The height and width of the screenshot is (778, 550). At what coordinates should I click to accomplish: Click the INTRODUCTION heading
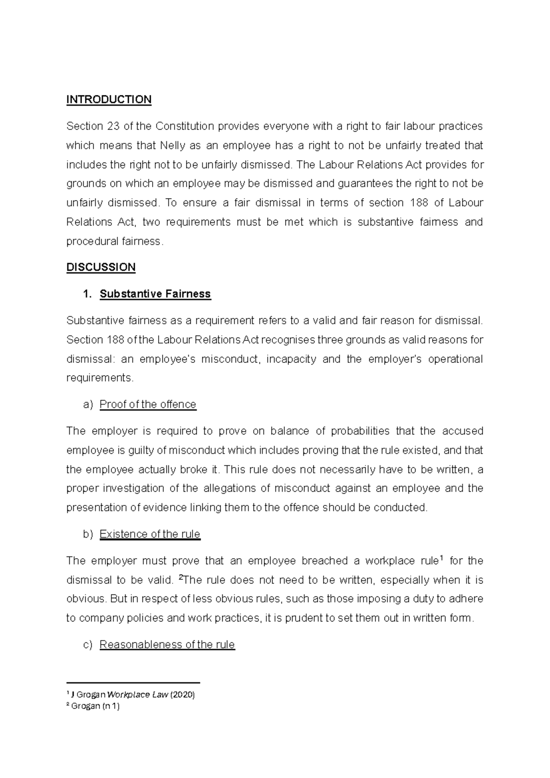click(109, 100)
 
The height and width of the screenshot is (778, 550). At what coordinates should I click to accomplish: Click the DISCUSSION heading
click(101, 267)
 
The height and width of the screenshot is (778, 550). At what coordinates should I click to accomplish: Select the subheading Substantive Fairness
click(155, 294)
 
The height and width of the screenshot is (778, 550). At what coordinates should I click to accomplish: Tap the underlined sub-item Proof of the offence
click(148, 404)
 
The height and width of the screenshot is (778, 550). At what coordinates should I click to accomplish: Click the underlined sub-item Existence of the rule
click(150, 534)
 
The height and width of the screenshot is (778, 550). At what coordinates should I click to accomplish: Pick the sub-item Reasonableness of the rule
click(167, 645)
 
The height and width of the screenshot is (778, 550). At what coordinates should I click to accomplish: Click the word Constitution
click(185, 126)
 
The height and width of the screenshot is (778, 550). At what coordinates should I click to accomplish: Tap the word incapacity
click(291, 359)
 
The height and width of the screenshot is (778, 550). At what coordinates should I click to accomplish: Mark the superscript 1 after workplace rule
click(441, 558)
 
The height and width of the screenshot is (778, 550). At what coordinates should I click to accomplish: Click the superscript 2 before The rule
click(180, 577)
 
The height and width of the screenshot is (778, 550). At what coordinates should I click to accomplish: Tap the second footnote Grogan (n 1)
click(95, 706)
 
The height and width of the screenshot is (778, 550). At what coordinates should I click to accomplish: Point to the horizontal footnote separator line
click(133, 682)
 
